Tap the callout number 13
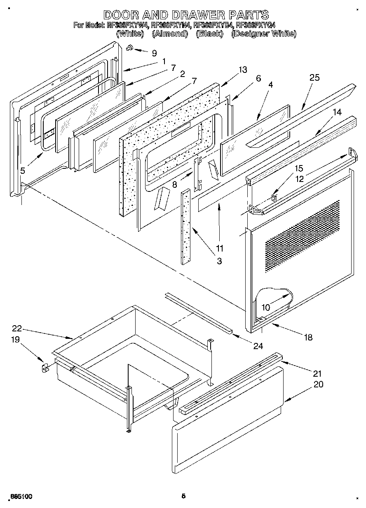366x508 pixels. (x=243, y=70)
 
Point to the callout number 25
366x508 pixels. (x=314, y=78)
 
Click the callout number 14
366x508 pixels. (x=337, y=112)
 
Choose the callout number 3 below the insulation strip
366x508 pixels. (x=219, y=261)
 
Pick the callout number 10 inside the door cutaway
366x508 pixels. (x=265, y=307)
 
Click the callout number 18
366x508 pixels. (x=307, y=338)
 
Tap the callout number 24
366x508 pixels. (x=258, y=346)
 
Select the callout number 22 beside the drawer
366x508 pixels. (x=16, y=329)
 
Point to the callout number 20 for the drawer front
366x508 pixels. (x=318, y=384)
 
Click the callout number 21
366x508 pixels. (x=317, y=374)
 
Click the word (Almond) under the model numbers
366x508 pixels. (x=170, y=34)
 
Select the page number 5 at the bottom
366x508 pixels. (x=183, y=496)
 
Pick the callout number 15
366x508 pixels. (x=298, y=168)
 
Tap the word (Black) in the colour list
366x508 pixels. (x=209, y=34)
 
